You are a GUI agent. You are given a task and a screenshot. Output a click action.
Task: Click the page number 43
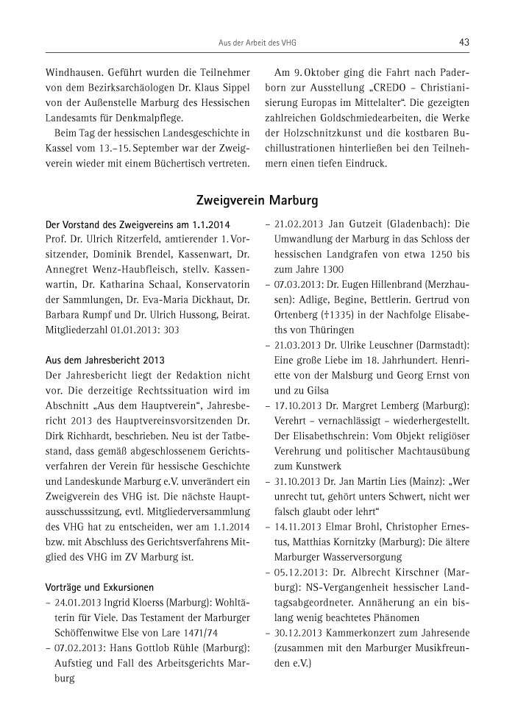[x=464, y=43]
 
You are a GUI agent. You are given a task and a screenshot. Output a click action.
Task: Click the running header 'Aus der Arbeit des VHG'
[x=257, y=43]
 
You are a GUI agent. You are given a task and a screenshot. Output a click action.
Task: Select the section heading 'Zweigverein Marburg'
[x=257, y=199]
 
